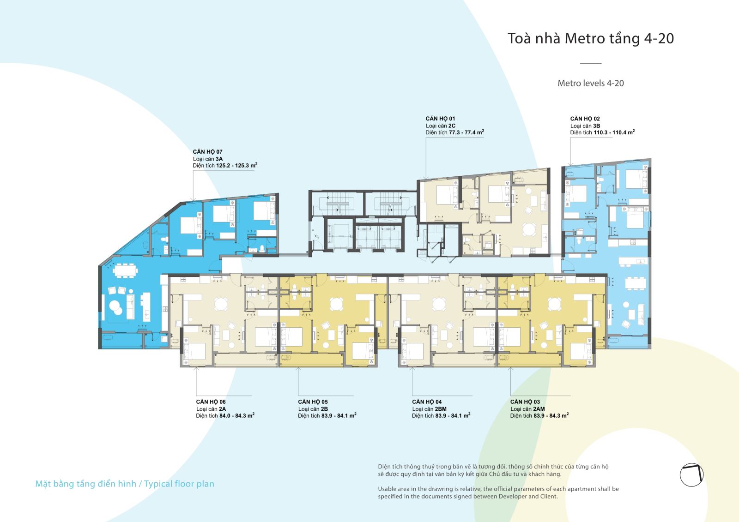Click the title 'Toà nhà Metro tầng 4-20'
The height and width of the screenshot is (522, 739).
(591, 39)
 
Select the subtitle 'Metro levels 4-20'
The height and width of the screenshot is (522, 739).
(591, 83)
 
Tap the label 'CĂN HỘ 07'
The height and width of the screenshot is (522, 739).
(207, 152)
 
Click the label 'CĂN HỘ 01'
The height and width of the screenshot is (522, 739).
(440, 119)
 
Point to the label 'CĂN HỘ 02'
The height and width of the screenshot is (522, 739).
(585, 119)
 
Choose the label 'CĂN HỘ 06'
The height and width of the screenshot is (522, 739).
(211, 402)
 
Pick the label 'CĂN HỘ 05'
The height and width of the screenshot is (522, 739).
(313, 402)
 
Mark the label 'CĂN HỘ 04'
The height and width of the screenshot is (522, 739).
(427, 402)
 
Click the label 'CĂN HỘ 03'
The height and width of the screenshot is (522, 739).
(525, 402)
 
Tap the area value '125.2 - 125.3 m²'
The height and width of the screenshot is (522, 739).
(236, 165)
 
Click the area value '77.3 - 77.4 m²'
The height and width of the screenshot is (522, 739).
(466, 132)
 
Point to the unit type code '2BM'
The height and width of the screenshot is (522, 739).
(441, 409)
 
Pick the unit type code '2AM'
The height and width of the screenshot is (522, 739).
(539, 409)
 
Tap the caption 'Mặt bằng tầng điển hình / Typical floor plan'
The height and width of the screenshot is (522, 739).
(125, 484)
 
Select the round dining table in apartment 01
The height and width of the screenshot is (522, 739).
(529, 229)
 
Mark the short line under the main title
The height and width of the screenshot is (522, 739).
(591, 63)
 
